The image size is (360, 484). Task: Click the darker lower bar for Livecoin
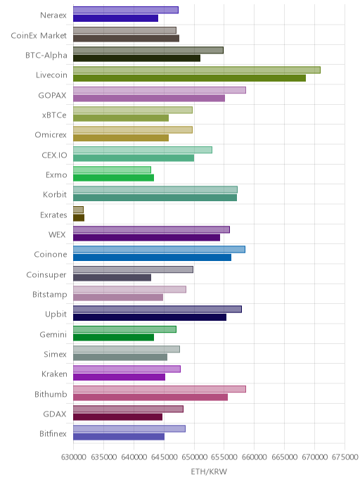[x=189, y=78]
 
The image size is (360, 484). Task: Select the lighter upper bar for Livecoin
[x=197, y=70]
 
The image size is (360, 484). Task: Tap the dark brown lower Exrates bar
[x=79, y=217]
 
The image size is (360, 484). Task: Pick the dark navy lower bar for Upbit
[x=150, y=317]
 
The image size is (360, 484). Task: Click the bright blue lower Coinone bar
[x=152, y=257]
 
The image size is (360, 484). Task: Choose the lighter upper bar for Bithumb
[x=160, y=389]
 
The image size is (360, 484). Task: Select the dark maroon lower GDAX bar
[x=117, y=417]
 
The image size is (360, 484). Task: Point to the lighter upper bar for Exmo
[x=112, y=170]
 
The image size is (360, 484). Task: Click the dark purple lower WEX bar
[x=146, y=237]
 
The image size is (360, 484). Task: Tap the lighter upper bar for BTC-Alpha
[x=148, y=50]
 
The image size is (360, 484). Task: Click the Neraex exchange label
[x=53, y=15]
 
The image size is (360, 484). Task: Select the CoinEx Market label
[x=39, y=35]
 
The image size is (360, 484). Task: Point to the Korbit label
[x=55, y=194]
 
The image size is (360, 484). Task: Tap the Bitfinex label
[x=53, y=433]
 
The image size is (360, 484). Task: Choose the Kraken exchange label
[x=54, y=374]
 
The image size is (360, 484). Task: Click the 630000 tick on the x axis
[x=73, y=457]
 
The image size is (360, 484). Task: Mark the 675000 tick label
[x=345, y=457]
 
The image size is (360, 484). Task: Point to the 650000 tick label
[x=194, y=457]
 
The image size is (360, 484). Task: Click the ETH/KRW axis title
[x=209, y=471]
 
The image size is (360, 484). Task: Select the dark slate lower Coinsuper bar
[x=112, y=277]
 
